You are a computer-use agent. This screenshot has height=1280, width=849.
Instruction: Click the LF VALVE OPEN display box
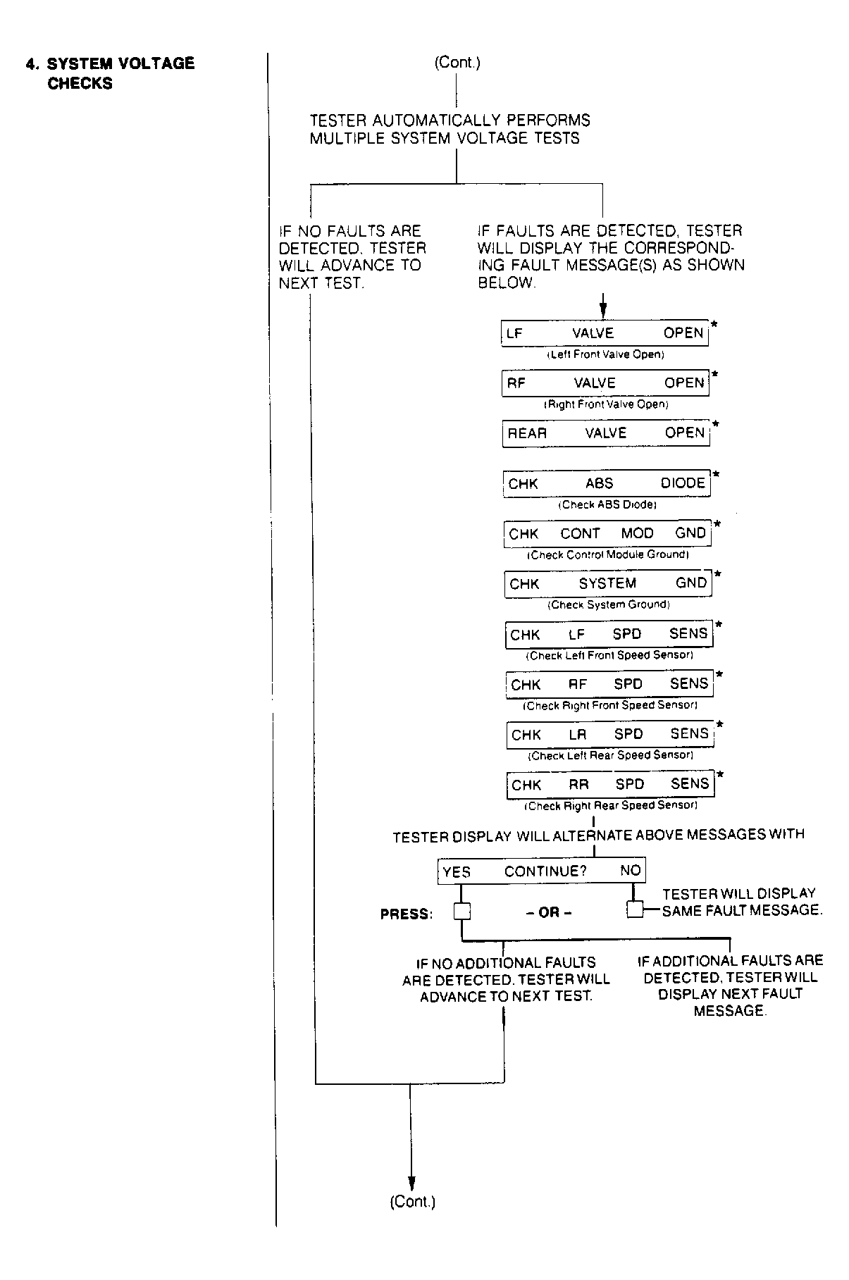[605, 333]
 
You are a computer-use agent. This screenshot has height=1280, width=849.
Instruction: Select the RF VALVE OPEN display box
[605, 383]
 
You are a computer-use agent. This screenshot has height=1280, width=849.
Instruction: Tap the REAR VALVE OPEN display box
[606, 433]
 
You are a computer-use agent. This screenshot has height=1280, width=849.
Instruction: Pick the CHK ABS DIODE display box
[607, 483]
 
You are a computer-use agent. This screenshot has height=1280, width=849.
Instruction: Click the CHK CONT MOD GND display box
[607, 533]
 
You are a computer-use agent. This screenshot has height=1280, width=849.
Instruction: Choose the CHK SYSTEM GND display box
[608, 583]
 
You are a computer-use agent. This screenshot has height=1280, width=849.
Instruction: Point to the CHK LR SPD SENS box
[609, 734]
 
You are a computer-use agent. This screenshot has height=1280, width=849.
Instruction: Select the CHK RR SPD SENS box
[610, 784]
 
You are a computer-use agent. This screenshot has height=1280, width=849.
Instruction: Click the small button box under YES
[461, 912]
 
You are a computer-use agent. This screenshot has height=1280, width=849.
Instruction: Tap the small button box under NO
[635, 909]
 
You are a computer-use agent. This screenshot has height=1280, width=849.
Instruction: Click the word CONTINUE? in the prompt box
[545, 871]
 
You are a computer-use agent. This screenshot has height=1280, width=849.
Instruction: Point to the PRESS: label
[406, 914]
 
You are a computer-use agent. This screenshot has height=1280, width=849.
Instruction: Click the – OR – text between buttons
[549, 912]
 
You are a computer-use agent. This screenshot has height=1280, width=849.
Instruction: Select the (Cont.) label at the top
[457, 63]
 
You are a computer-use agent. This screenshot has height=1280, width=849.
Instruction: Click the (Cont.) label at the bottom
[412, 1202]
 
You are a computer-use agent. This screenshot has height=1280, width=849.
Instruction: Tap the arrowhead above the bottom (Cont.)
[411, 1183]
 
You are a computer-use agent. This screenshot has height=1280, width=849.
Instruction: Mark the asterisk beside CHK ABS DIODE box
[716, 474]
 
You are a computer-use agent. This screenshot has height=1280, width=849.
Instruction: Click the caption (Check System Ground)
[609, 604]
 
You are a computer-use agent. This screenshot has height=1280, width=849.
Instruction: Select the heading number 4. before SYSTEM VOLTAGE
[32, 64]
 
